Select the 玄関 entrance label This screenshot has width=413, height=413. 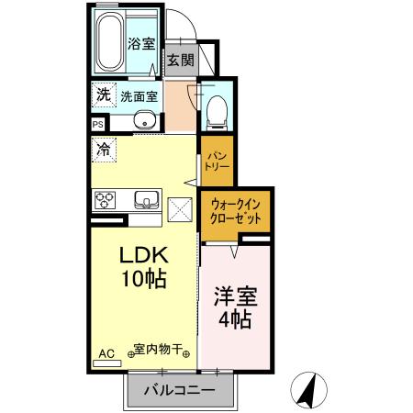(x=179, y=61)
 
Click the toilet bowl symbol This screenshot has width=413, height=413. (x=217, y=109)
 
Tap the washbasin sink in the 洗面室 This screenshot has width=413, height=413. (x=144, y=119)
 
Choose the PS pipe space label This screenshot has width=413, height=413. (x=97, y=125)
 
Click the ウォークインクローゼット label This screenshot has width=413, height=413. (x=235, y=212)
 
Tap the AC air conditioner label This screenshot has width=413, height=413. (x=106, y=352)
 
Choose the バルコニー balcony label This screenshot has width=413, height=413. (x=179, y=392)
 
